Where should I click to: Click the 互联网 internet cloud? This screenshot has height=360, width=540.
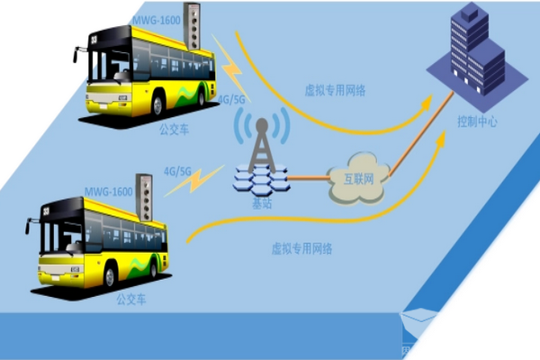(x=358, y=178)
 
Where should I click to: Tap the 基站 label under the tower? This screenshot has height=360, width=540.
(x=262, y=203)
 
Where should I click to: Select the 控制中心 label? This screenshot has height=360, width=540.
(x=477, y=121)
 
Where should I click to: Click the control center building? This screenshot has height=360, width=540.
(x=477, y=51)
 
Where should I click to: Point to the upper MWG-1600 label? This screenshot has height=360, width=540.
(x=157, y=21)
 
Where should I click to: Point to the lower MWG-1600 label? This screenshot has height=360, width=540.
(x=109, y=192)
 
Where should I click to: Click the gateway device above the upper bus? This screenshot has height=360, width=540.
(x=192, y=26)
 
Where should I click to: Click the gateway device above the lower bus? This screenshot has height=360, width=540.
(x=144, y=197)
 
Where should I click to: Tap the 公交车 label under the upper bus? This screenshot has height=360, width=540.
(x=174, y=130)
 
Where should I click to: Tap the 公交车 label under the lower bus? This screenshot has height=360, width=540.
(x=131, y=299)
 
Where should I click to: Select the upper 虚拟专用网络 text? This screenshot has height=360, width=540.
(x=335, y=90)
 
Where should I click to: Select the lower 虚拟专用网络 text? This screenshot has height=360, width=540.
(x=301, y=248)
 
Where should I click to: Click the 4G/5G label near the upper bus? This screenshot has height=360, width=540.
(x=231, y=100)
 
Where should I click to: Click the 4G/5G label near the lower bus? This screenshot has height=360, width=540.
(x=177, y=171)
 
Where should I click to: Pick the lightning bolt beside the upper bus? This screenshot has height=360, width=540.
(x=230, y=67)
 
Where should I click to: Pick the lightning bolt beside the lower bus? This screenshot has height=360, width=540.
(x=193, y=181)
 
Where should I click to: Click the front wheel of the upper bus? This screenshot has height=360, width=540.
(x=157, y=105)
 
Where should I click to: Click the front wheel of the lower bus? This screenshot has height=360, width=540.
(x=110, y=276)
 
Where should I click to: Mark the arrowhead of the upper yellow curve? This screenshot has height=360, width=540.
(x=427, y=103)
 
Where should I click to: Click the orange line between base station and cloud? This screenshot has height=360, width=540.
(x=308, y=178)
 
